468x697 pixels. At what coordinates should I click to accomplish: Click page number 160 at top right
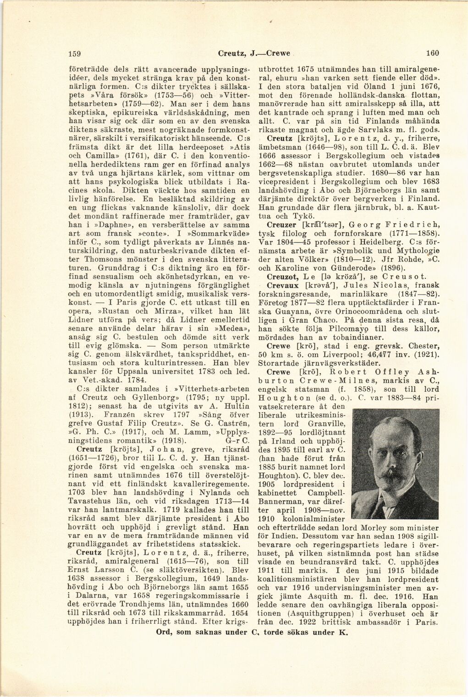pyautogui.click(x=433, y=54)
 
